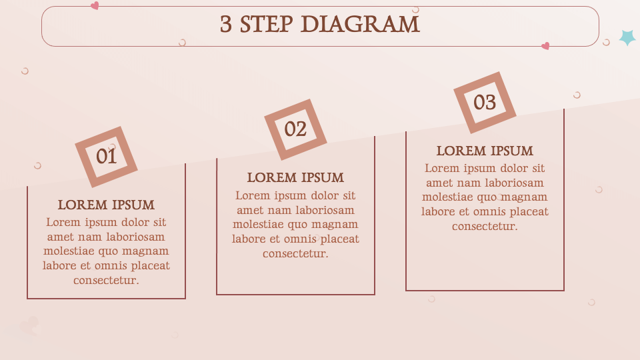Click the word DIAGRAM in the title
click(361, 24)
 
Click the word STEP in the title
click(266, 24)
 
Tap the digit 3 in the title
click(226, 24)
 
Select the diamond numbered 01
click(106, 157)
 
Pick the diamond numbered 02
click(295, 129)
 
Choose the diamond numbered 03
click(485, 103)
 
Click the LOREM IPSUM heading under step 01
click(106, 205)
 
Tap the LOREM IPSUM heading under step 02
click(295, 177)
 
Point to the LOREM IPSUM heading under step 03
click(485, 151)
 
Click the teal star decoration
click(627, 37)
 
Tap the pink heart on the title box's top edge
click(95, 5)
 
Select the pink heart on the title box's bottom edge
click(545, 46)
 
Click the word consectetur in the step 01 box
click(106, 281)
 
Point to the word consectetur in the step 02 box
click(295, 253)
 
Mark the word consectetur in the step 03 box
click(485, 226)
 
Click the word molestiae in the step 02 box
click(259, 225)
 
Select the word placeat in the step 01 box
click(150, 266)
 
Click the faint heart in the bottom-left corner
click(30, 326)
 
